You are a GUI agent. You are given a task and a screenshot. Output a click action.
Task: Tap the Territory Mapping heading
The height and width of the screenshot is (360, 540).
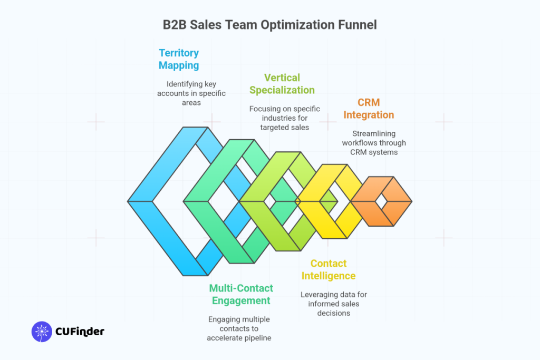tap(179, 60)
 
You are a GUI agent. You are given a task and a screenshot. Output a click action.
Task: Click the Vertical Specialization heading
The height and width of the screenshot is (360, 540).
tap(282, 83)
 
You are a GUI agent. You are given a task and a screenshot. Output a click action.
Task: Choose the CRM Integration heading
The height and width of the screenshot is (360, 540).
tap(369, 109)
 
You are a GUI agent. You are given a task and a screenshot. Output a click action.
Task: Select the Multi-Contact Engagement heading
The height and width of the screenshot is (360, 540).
tap(241, 295)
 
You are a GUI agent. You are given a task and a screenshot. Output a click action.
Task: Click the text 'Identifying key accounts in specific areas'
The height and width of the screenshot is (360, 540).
tap(191, 93)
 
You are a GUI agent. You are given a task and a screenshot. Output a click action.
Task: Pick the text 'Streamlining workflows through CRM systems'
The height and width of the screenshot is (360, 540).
tap(373, 143)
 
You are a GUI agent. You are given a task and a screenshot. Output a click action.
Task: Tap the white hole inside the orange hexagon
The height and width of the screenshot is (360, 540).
tap(381, 201)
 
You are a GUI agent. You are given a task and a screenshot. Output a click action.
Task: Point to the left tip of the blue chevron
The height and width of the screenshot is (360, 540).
tap(130, 201)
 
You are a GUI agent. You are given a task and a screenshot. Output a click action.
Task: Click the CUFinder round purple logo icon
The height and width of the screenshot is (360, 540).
tap(42, 332)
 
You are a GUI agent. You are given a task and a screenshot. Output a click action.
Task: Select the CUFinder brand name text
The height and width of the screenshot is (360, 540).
tap(80, 332)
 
